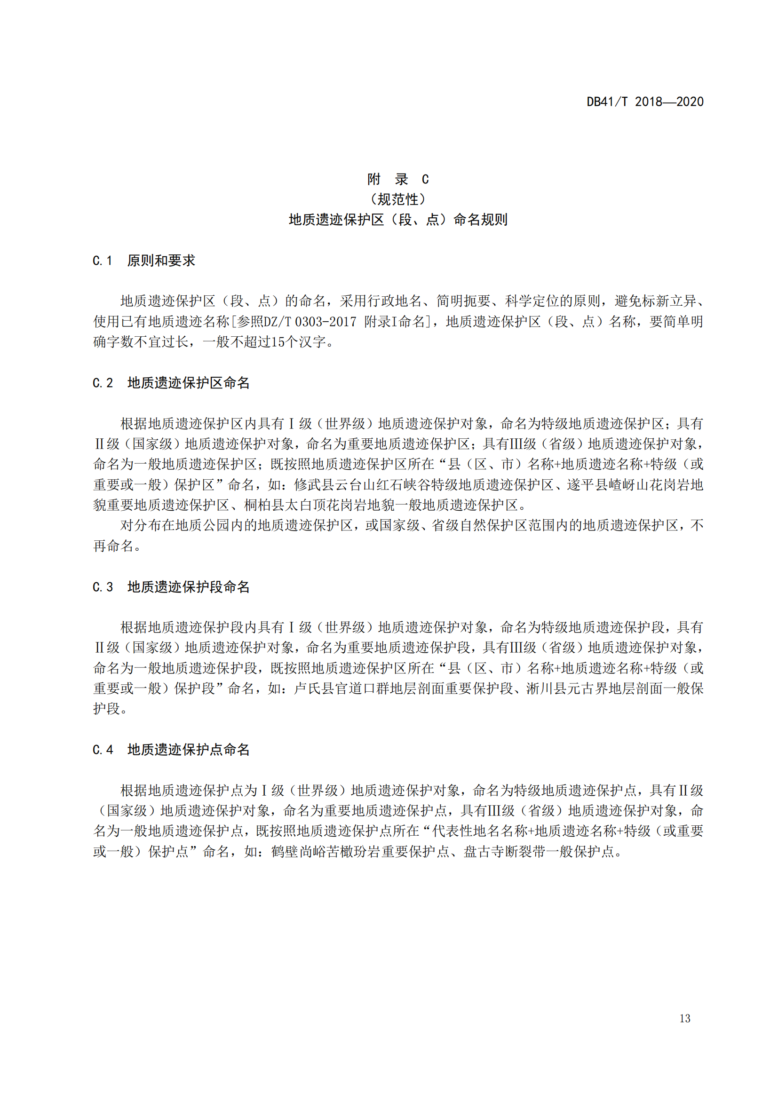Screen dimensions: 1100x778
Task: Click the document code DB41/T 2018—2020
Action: (645, 102)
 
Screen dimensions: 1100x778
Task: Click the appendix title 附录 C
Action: (397, 179)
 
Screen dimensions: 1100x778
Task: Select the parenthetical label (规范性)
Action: (397, 199)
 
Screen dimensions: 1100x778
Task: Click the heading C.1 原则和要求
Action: (144, 261)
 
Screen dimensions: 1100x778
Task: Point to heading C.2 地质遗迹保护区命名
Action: (171, 383)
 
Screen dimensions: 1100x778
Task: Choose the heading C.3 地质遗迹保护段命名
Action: (171, 587)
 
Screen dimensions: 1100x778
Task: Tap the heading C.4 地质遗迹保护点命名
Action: (171, 750)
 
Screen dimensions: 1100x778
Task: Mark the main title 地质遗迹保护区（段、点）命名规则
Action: (397, 220)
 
